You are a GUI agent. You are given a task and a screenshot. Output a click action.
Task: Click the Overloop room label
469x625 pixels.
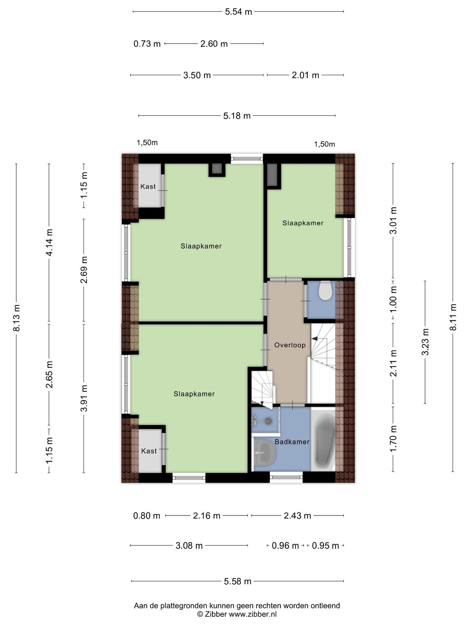tap(290, 345)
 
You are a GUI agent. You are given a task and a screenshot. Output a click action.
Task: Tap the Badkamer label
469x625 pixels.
tap(292, 442)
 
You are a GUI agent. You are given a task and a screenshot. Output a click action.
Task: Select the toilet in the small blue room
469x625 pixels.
tap(325, 290)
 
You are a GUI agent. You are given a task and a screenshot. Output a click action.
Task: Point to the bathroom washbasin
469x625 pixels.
tap(264, 452)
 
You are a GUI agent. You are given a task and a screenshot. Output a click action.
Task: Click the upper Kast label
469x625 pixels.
tap(148, 187)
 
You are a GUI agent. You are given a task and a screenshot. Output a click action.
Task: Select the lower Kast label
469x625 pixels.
tap(149, 451)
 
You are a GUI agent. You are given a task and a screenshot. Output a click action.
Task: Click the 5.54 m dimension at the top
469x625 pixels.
tap(238, 12)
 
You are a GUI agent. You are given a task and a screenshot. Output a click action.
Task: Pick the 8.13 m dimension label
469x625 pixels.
tap(17, 318)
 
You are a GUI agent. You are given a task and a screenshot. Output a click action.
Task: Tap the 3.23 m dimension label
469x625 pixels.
tap(425, 342)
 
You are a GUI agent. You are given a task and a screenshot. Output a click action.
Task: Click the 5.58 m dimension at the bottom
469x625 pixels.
tap(237, 581)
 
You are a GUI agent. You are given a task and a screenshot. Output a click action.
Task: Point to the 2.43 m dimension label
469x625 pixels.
tap(297, 516)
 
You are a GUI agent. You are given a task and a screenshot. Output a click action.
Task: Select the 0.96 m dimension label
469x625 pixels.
tap(285, 546)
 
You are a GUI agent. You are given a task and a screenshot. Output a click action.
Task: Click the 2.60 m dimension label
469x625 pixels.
tap(214, 44)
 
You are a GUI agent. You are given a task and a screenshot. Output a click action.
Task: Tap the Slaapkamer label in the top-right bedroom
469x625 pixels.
tap(303, 223)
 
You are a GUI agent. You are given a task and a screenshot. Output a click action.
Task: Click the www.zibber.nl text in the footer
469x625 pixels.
tap(253, 614)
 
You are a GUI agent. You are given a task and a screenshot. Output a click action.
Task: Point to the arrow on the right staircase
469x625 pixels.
tap(315, 339)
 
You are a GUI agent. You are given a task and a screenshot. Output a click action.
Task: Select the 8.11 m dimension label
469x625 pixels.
tap(453, 317)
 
